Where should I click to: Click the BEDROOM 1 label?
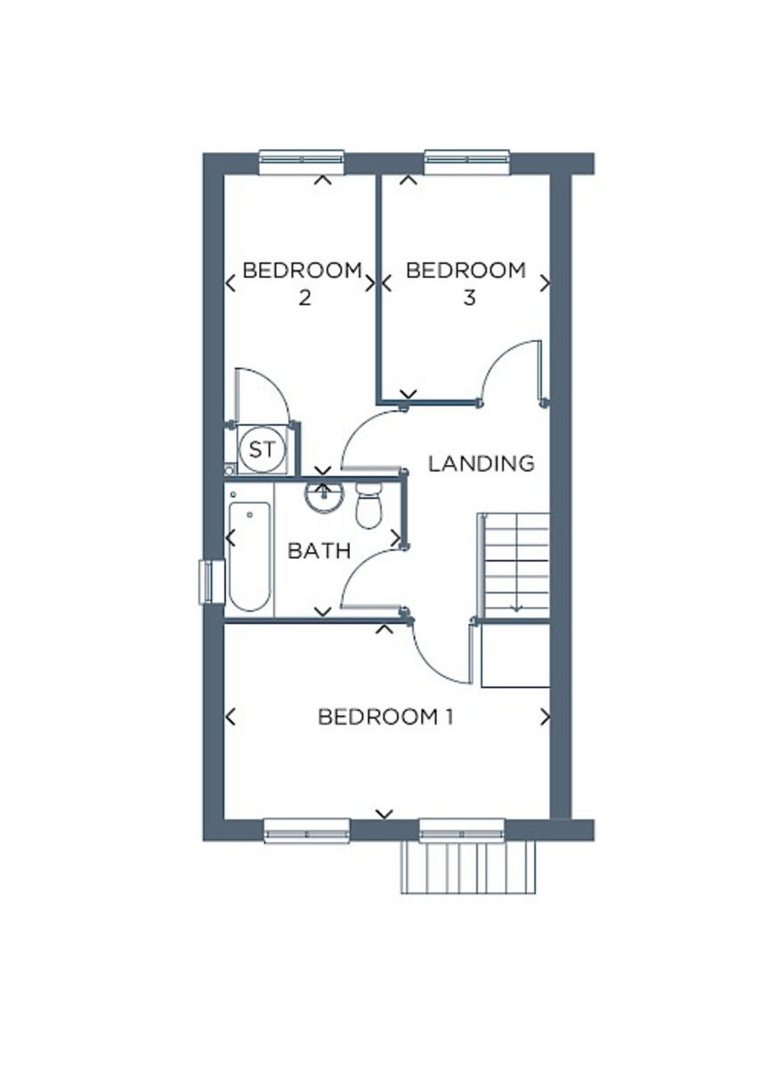click(385, 716)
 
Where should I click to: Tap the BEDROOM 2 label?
click(303, 283)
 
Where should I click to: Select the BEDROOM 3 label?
click(466, 283)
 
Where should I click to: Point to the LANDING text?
click(482, 464)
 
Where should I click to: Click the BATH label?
click(319, 551)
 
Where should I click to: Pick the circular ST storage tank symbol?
click(262, 449)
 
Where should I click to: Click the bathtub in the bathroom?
click(249, 556)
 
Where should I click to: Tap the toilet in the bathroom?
click(368, 506)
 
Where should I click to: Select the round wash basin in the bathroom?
click(323, 497)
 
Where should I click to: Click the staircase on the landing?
click(515, 564)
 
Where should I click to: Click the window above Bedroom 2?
click(301, 161)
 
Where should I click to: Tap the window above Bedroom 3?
click(466, 161)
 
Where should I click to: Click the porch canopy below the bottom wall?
click(469, 868)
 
